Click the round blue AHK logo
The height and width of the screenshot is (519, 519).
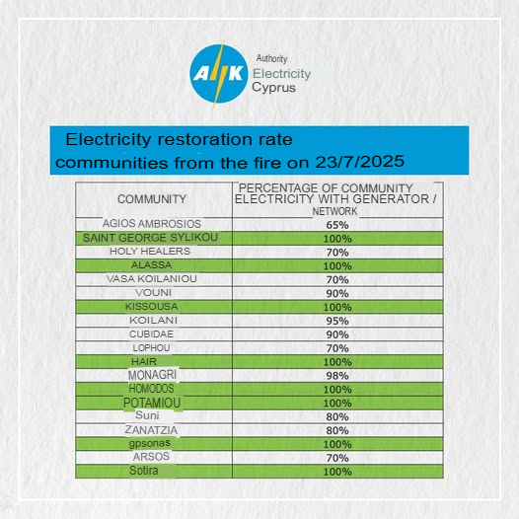219,74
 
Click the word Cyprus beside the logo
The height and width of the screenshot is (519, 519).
273,88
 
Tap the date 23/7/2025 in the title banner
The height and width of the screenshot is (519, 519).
360,162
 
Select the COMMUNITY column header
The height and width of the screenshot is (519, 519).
152,199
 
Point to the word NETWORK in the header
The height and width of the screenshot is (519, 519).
334,211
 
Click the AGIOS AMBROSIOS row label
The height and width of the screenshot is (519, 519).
152,224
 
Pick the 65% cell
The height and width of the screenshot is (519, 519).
337,225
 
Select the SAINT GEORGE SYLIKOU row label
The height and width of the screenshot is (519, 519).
150,238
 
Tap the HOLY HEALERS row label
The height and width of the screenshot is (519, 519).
150,252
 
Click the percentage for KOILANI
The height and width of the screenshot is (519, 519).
337,321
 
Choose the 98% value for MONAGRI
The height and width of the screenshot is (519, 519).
337,376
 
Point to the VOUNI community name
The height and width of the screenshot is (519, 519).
153,293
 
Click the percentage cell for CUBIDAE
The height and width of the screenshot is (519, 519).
337,334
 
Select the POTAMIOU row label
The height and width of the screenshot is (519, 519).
152,403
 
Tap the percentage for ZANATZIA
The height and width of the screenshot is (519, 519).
337,430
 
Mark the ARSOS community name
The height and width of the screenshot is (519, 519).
151,457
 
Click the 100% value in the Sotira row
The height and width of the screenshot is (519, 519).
337,472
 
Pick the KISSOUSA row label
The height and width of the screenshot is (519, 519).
152,307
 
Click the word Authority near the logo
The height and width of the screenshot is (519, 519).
271,58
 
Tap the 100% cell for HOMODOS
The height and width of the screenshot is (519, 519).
337,389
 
